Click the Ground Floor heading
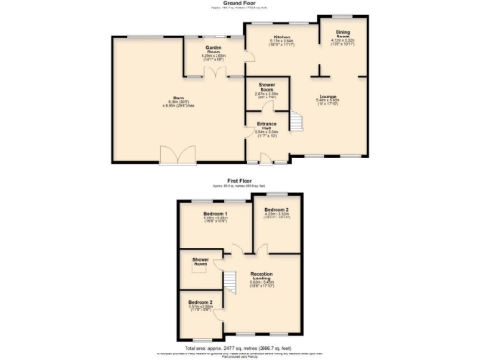tap(240, 4)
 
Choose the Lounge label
tap(328, 96)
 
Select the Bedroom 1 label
tap(217, 214)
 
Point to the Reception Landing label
tap(262, 276)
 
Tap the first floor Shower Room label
tap(201, 262)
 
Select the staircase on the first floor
tap(227, 278)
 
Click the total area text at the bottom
tap(240, 346)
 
